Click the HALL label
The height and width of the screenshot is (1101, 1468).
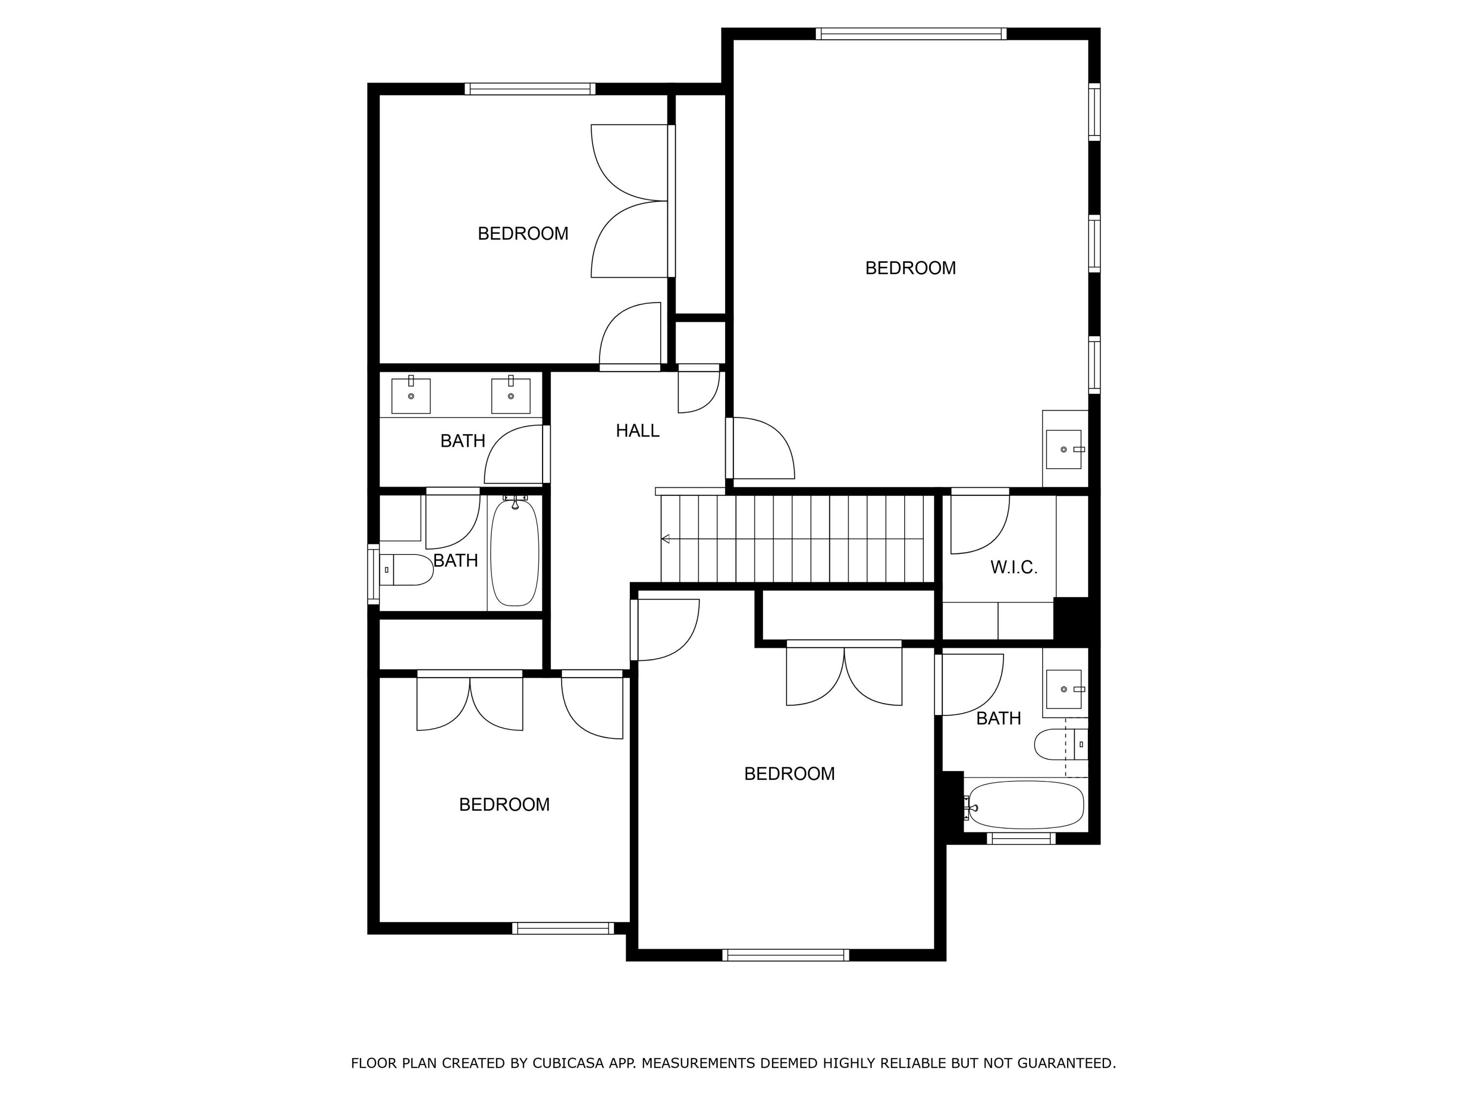click(x=637, y=431)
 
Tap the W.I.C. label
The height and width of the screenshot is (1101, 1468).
click(x=1013, y=568)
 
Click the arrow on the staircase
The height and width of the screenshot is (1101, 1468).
click(x=665, y=539)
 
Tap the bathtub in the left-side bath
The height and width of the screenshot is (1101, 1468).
click(x=514, y=553)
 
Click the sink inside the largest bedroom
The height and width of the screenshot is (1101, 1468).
click(x=1064, y=449)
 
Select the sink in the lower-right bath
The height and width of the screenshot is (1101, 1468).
click(x=1064, y=689)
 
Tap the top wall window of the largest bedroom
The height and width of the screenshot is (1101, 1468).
click(x=911, y=34)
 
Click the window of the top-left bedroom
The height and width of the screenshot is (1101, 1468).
click(x=529, y=89)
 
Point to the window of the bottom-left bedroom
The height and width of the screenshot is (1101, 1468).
click(x=563, y=928)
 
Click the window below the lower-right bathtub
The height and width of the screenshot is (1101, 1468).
click(x=1021, y=838)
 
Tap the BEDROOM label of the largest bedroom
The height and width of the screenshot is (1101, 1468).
click(x=910, y=268)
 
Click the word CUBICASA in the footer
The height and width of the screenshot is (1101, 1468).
click(x=568, y=1063)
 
